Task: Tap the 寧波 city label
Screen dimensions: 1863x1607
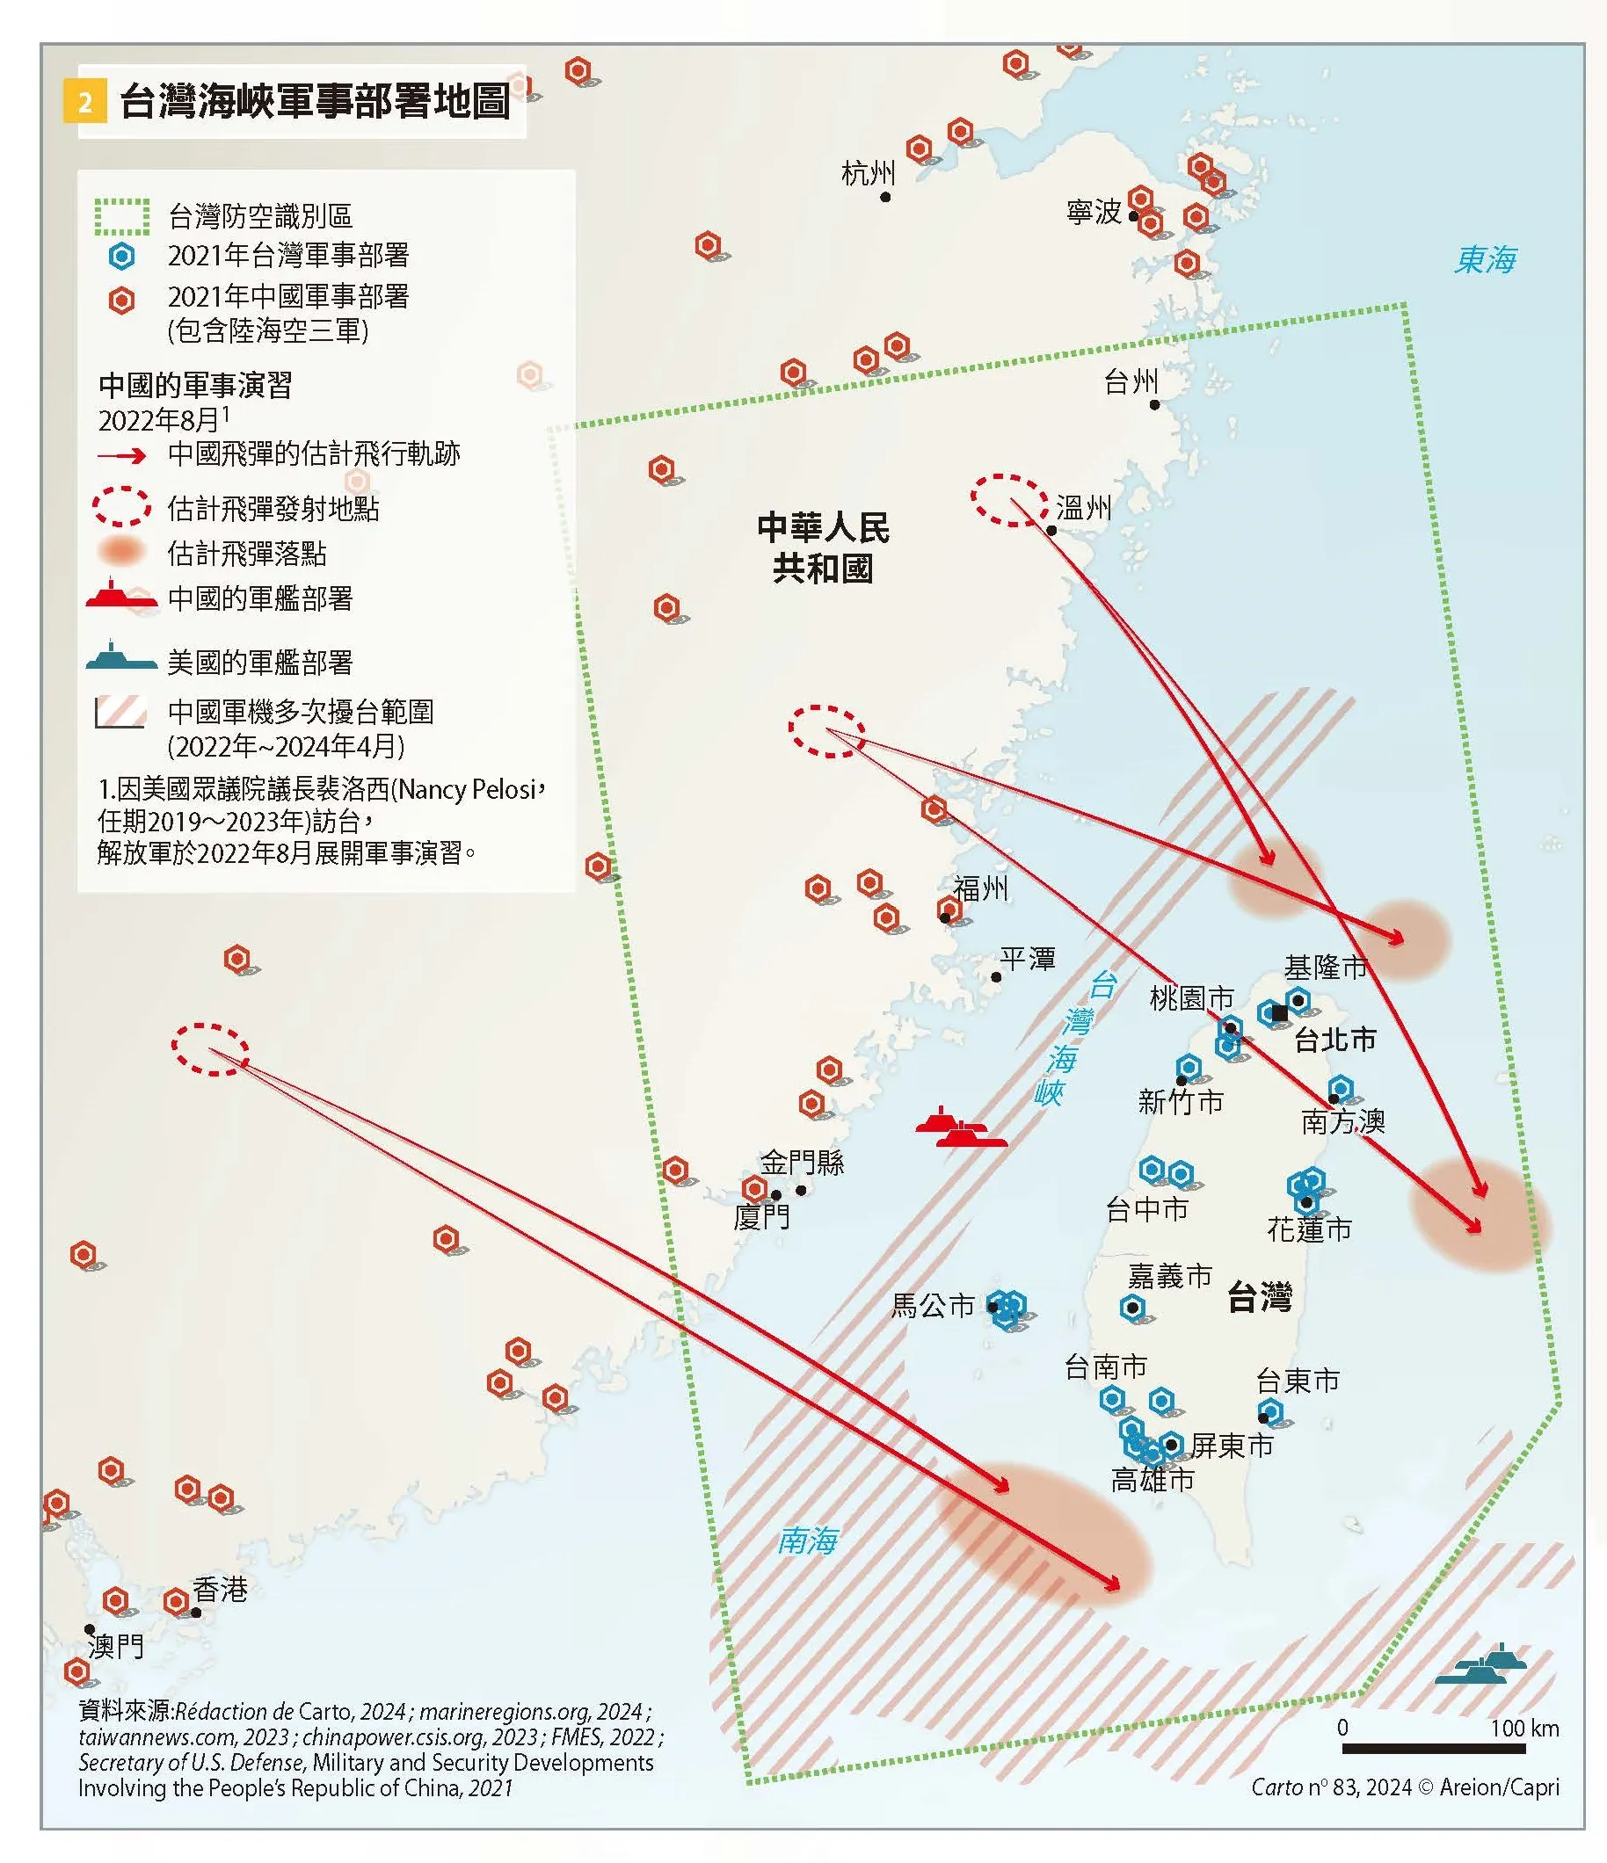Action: coord(1094,212)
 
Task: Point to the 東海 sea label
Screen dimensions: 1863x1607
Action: coord(1485,260)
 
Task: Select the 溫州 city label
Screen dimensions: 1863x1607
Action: coord(1084,509)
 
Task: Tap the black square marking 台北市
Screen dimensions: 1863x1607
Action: coord(1280,1013)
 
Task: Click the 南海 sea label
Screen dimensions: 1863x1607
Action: coord(807,1541)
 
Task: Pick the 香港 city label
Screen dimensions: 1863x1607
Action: coord(220,1590)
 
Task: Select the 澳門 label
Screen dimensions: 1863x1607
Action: coord(115,1646)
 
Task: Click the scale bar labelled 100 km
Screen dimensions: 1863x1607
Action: coord(1434,1748)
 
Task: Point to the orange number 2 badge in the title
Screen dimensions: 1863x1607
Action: coord(84,102)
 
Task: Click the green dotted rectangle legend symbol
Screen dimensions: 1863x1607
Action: coord(122,217)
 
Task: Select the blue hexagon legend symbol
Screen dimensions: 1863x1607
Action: coord(121,257)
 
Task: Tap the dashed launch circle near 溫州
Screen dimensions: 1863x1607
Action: coord(1009,500)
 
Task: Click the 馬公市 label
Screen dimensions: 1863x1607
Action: coord(932,1306)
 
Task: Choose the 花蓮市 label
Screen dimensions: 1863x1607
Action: coord(1308,1229)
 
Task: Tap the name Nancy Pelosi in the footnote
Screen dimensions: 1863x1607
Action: coord(468,789)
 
